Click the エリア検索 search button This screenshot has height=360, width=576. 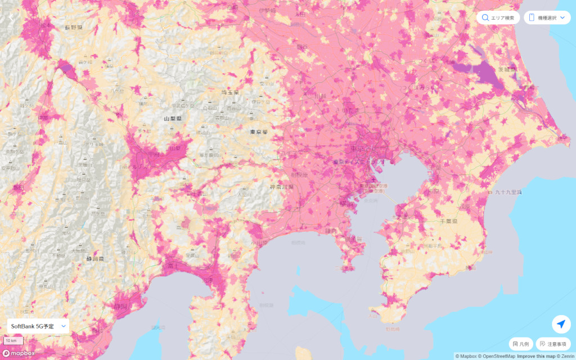[498, 17]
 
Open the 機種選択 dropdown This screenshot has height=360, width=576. [547, 17]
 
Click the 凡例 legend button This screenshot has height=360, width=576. [520, 344]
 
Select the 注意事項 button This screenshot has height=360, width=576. [553, 344]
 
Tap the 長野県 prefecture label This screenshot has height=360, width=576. [74, 27]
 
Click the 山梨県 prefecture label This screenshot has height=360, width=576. [172, 119]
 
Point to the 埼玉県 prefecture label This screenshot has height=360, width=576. [229, 92]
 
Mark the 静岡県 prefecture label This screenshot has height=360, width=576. [95, 259]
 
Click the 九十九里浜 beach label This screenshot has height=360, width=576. [508, 192]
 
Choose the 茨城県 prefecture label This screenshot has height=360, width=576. [507, 70]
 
